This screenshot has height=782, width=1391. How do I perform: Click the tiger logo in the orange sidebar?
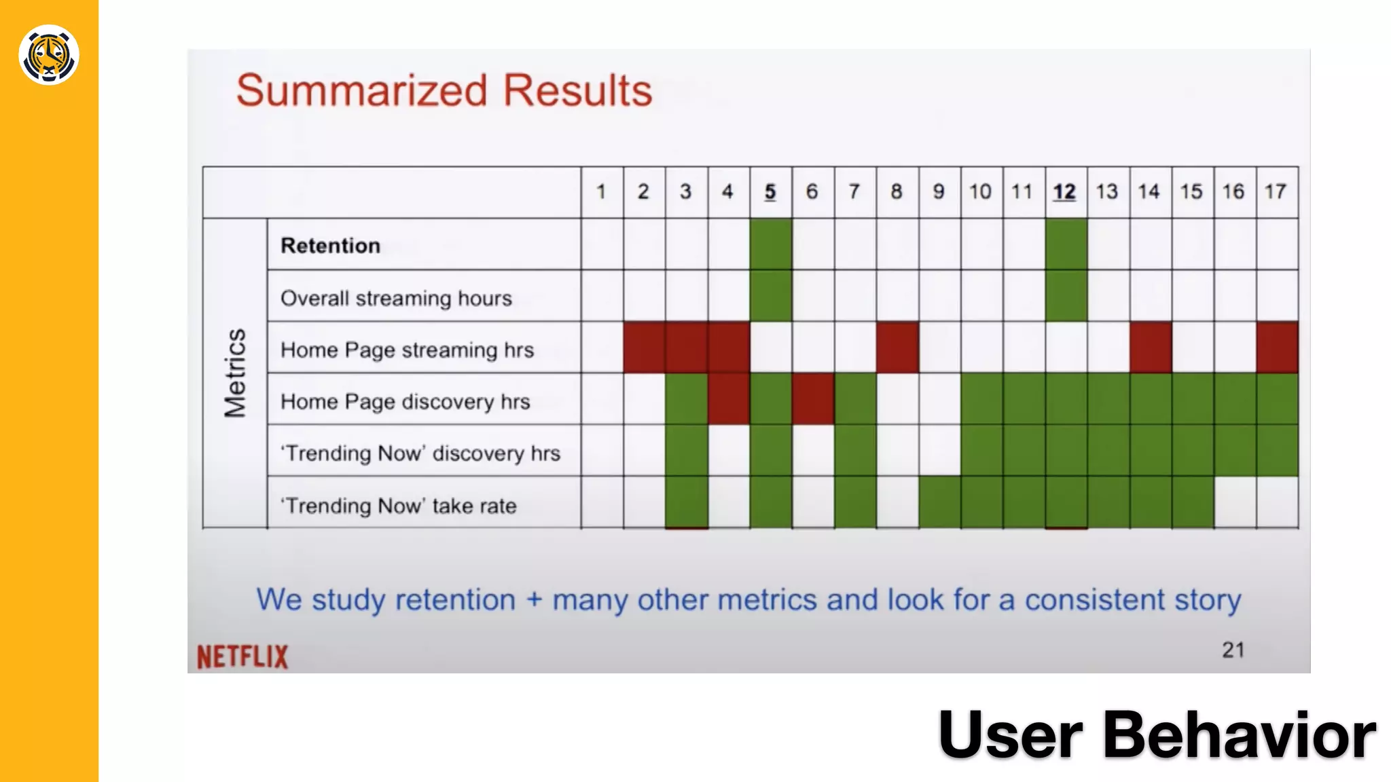point(49,55)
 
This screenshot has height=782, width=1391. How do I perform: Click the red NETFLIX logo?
point(242,656)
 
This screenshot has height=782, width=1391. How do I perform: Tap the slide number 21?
point(1233,650)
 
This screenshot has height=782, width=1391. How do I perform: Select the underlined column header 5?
point(770,192)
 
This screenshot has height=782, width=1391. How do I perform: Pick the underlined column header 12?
point(1064,192)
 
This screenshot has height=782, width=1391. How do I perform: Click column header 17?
point(1275,192)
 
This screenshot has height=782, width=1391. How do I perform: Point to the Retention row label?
point(331,246)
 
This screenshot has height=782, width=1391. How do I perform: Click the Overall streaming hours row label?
point(396,298)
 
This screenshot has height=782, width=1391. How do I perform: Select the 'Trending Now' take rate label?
point(399,506)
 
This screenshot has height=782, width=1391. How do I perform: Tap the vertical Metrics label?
point(235,373)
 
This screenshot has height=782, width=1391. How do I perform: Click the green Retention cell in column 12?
point(1066,244)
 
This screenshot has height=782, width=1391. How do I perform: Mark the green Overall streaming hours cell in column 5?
point(771,296)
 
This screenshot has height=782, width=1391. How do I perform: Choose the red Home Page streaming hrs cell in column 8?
point(897,348)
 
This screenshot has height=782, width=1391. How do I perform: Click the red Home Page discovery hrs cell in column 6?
point(813,399)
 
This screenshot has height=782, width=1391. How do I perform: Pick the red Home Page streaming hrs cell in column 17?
point(1277,348)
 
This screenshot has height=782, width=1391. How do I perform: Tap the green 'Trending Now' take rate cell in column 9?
point(939,502)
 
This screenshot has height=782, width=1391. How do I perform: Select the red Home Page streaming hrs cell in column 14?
point(1151,348)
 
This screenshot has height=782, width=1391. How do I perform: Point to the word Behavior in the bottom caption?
point(1239,735)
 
